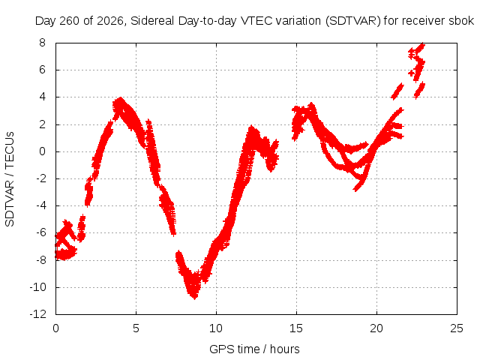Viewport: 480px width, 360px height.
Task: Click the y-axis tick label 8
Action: [42, 43]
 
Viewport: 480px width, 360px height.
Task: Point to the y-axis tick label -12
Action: [38, 314]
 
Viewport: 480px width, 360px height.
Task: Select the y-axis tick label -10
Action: [38, 287]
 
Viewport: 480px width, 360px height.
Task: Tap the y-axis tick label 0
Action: [42, 151]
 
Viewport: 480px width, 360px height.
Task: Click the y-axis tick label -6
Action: [40, 232]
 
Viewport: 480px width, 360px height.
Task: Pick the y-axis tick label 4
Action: [42, 97]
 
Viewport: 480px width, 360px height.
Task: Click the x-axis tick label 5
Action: [136, 328]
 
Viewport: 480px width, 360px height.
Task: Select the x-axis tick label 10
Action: [216, 328]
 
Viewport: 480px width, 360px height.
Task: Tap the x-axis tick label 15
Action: [296, 328]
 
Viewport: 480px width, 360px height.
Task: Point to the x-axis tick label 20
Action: [376, 328]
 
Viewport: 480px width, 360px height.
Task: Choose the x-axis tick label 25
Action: [457, 328]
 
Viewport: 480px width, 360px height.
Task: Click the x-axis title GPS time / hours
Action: [254, 349]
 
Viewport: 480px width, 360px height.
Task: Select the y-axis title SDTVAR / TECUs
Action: [10, 179]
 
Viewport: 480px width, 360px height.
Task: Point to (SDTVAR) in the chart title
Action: [353, 21]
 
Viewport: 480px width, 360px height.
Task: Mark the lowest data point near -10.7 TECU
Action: [195, 297]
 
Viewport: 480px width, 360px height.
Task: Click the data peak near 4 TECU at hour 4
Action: [121, 99]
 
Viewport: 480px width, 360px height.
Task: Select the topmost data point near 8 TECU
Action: [423, 44]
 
